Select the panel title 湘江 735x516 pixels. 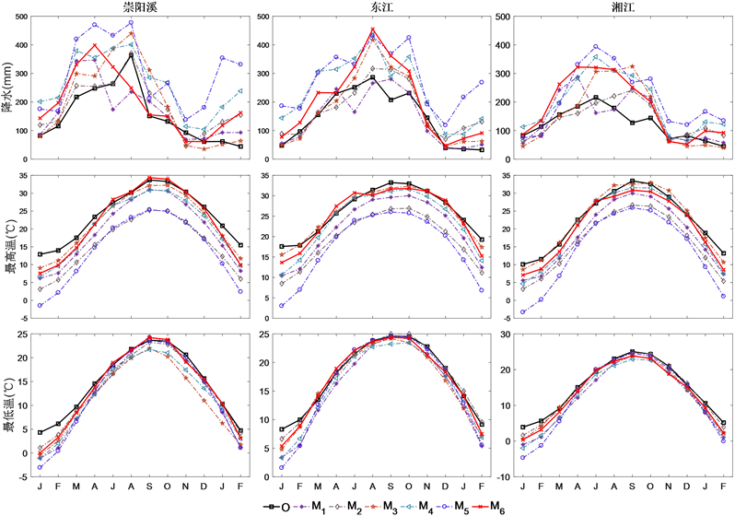pyautogui.click(x=620, y=6)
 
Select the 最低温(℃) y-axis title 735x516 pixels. pyautogui.click(x=8, y=402)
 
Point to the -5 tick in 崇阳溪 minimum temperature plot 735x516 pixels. pyautogui.click(x=24, y=477)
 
